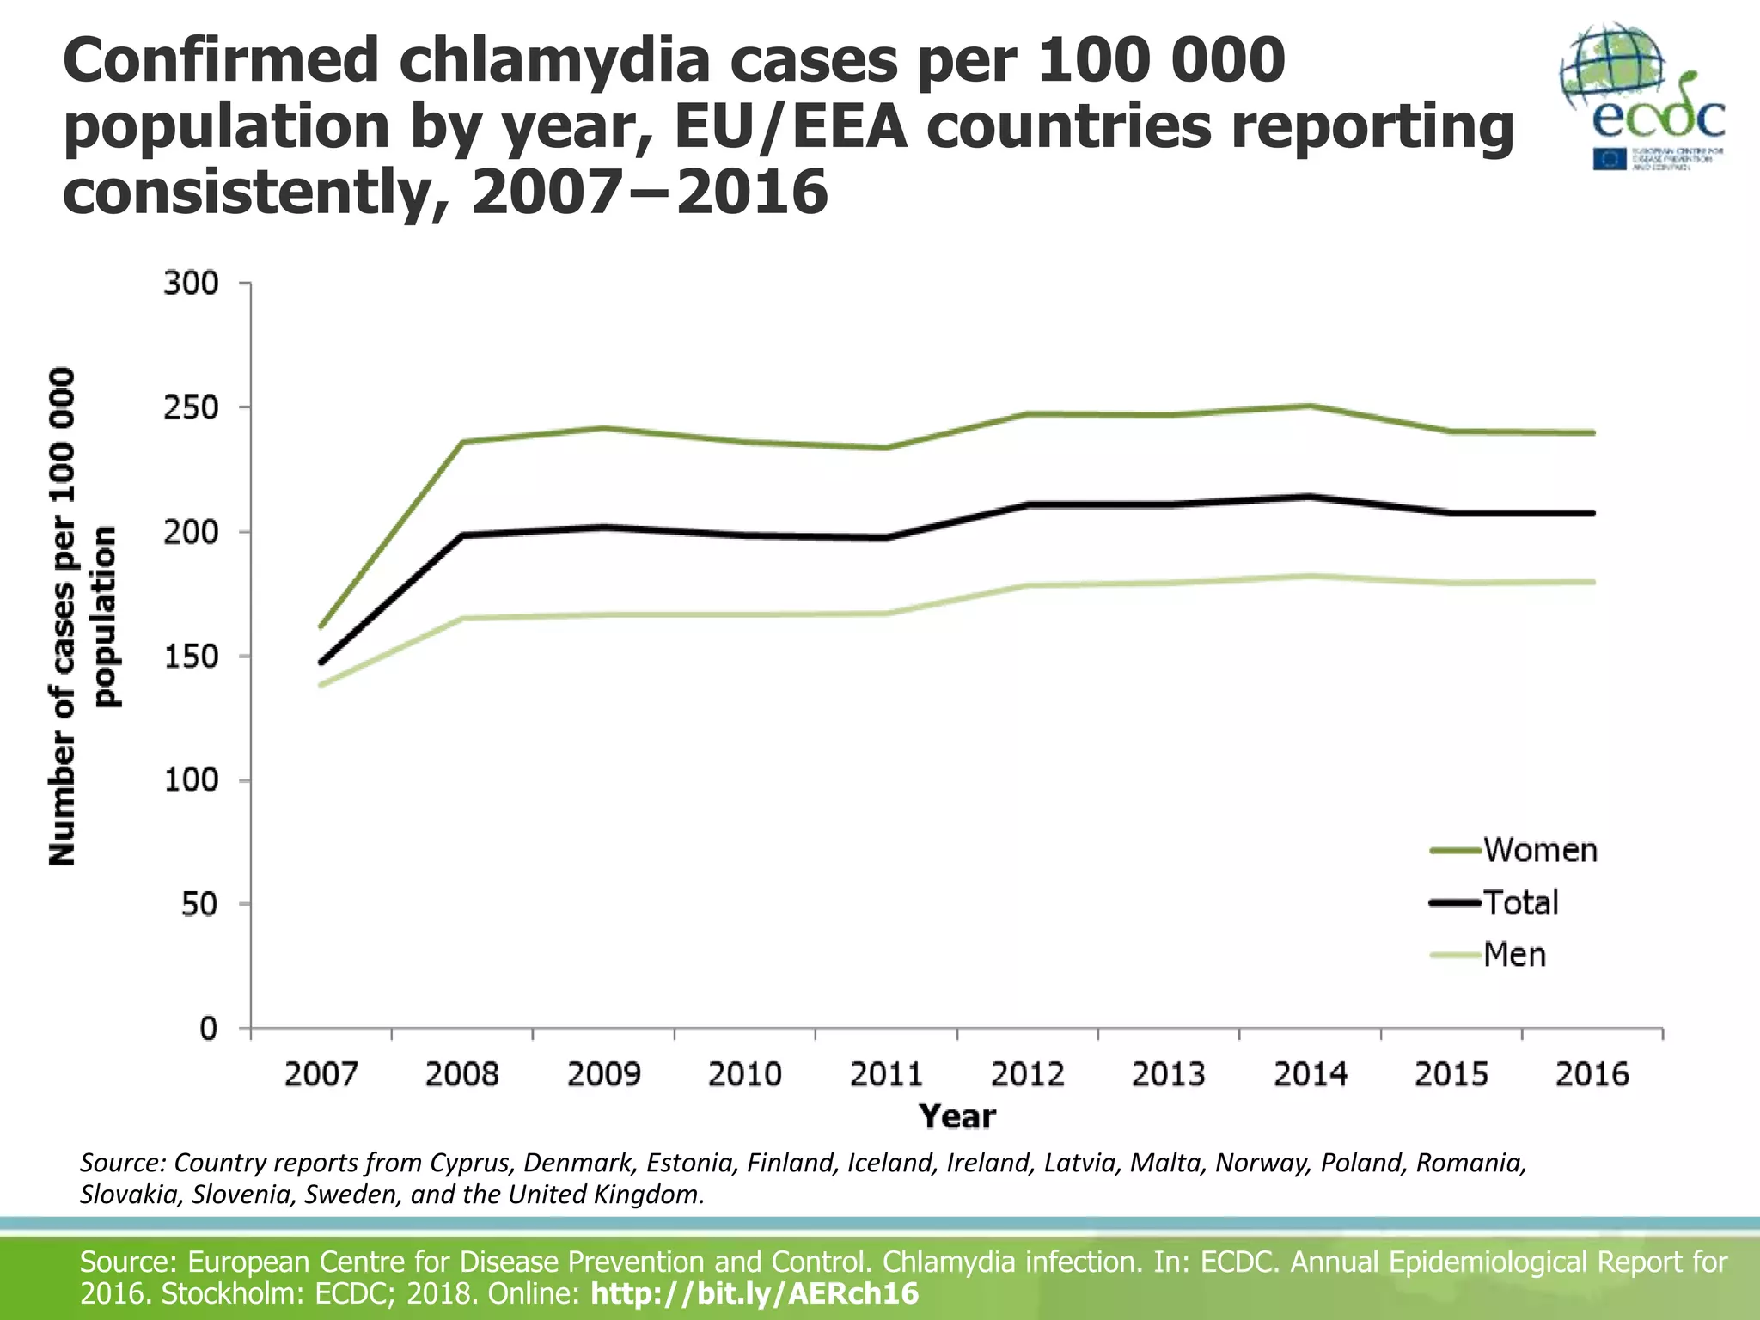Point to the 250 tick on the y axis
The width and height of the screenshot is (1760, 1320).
tap(191, 407)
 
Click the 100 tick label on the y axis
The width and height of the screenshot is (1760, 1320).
tap(191, 780)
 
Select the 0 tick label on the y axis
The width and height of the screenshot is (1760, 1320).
tap(208, 1028)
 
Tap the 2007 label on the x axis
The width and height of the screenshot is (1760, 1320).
tap(321, 1074)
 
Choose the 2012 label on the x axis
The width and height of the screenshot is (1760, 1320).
tap(1027, 1074)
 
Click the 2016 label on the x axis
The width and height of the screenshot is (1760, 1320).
tap(1592, 1074)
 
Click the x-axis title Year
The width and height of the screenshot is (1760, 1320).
tap(956, 1116)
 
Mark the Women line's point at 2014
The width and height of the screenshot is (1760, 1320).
tap(1310, 406)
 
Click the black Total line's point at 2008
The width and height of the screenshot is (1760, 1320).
tap(462, 535)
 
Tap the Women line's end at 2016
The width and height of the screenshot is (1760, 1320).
tap(1592, 432)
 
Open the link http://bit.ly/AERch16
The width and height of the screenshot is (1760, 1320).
tap(755, 1293)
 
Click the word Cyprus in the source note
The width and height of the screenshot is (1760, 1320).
tap(471, 1163)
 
